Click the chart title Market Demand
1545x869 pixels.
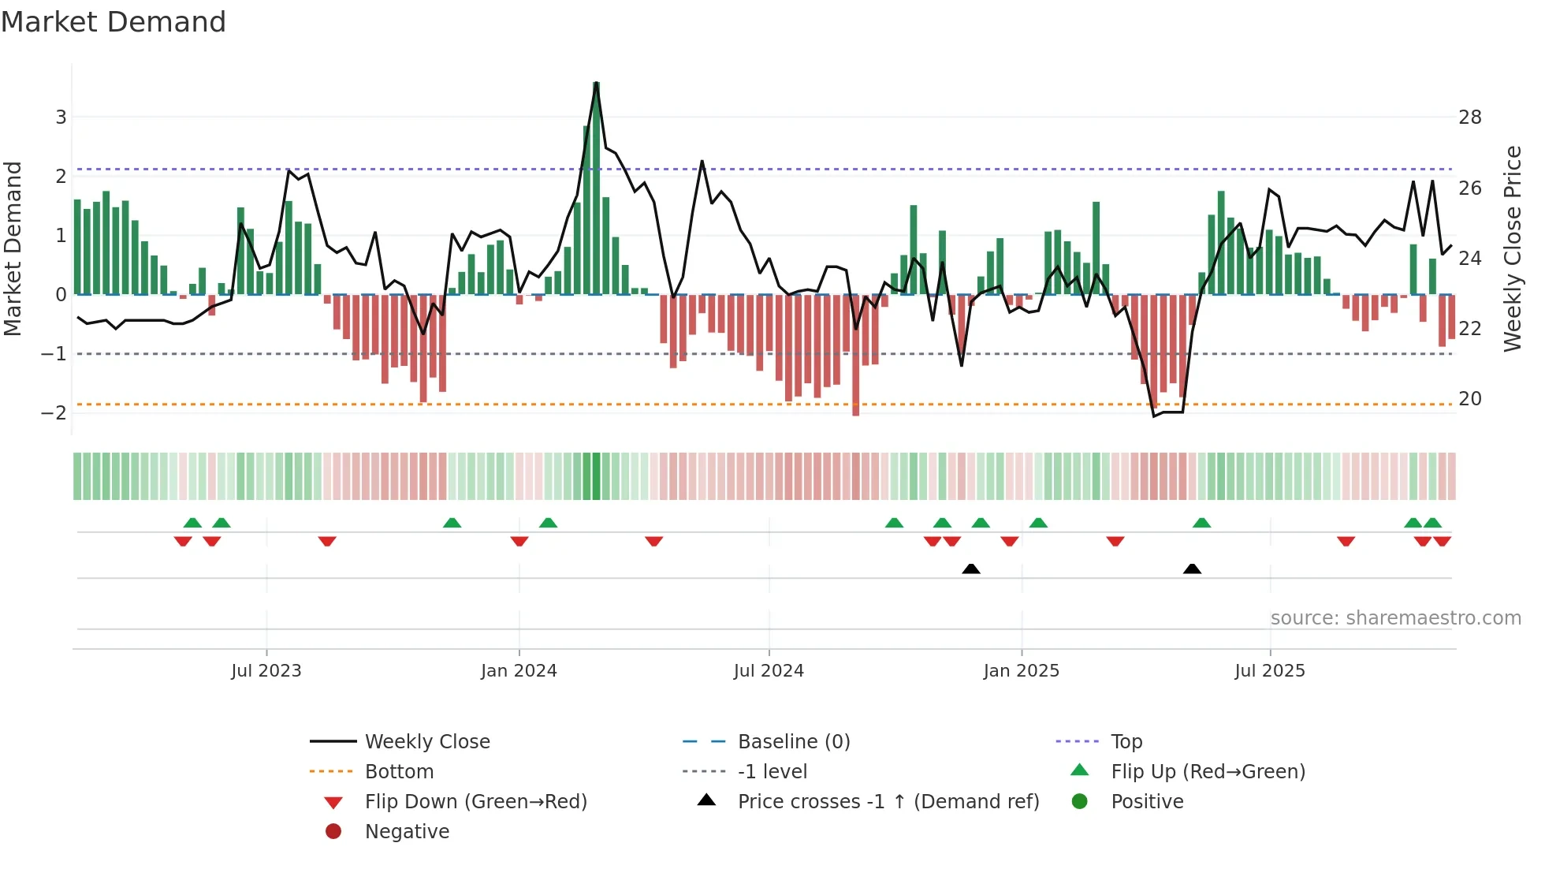[114, 22]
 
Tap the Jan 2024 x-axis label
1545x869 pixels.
[519, 671]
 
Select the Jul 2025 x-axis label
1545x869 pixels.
[1269, 671]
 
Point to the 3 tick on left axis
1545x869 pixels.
[61, 117]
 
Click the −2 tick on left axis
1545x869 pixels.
[55, 412]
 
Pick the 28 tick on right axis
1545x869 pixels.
[1470, 117]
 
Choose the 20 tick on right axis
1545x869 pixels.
[1470, 399]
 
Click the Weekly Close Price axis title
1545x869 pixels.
[1512, 248]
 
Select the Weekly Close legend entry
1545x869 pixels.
[426, 742]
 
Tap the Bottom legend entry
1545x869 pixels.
[399, 772]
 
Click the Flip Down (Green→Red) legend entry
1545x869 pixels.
[475, 802]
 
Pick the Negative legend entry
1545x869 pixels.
[407, 832]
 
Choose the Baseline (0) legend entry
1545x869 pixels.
[793, 742]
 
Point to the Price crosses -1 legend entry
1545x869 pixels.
[888, 802]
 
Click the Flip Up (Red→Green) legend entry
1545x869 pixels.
[1208, 772]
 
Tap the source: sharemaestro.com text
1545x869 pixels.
[1395, 618]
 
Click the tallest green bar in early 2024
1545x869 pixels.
[597, 189]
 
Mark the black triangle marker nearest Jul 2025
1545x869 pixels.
[1192, 569]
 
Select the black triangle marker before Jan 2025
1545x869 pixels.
[971, 569]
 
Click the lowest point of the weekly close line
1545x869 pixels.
[1154, 416]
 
